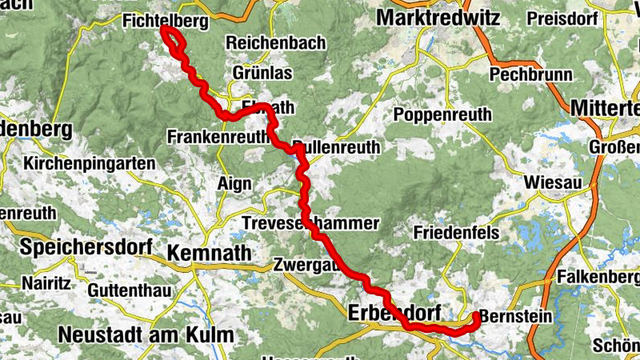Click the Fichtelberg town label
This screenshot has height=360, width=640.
(166, 22)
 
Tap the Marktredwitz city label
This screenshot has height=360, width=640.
(438, 17)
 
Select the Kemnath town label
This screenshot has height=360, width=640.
(209, 253)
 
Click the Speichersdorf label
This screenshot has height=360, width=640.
(86, 247)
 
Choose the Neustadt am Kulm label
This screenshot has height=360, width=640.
(147, 333)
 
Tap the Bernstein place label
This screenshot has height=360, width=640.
(516, 317)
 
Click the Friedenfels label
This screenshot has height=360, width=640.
(457, 233)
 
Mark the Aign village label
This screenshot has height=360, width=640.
(234, 184)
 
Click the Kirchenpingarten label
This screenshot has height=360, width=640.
(90, 163)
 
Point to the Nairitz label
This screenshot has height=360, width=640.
(46, 282)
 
